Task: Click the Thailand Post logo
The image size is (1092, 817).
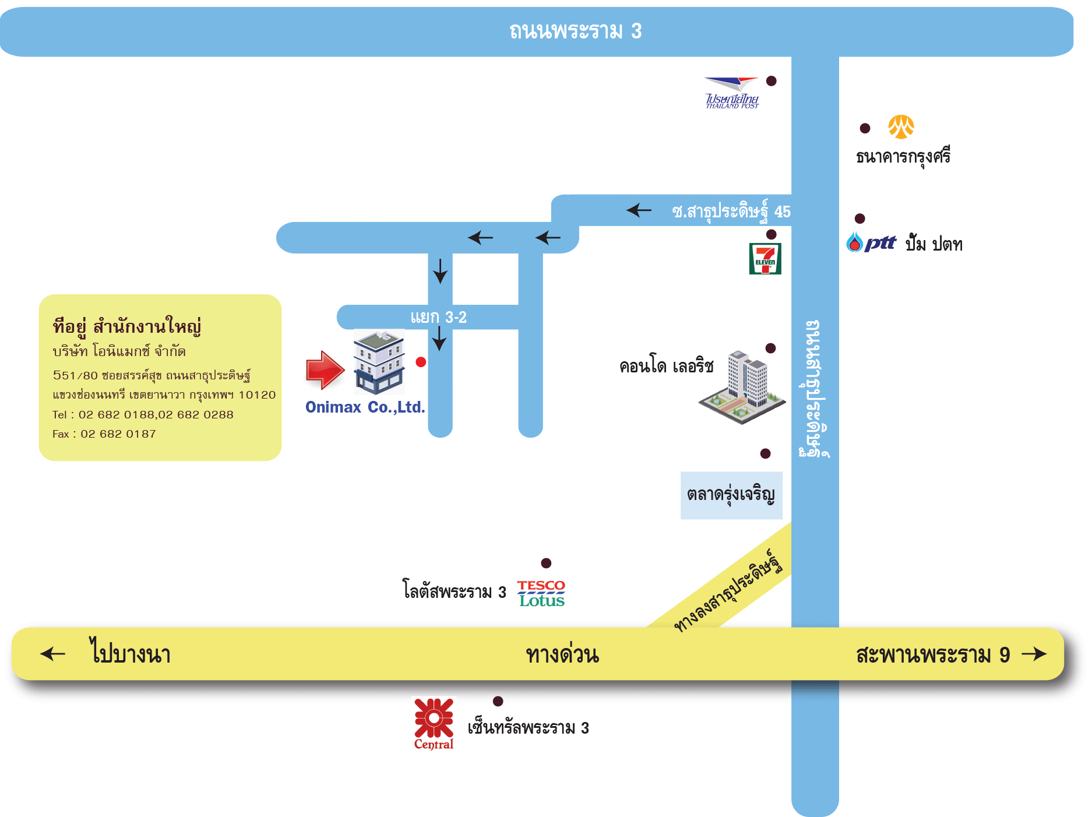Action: [732, 93]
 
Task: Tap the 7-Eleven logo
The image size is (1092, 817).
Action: [765, 259]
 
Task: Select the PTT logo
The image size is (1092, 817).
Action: [872, 242]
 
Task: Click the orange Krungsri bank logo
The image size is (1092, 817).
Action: [901, 127]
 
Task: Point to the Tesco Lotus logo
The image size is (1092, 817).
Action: [541, 593]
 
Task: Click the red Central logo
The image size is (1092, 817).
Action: [434, 723]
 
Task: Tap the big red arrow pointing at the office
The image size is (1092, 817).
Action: [325, 370]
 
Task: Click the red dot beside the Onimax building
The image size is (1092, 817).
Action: [421, 362]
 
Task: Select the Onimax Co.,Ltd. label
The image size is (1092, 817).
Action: [365, 407]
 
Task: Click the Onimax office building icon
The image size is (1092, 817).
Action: [379, 361]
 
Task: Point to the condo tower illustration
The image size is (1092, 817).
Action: [744, 386]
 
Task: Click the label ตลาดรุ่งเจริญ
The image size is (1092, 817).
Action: [731, 495]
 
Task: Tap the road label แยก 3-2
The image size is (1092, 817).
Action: [438, 318]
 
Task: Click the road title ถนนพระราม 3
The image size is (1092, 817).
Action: [575, 31]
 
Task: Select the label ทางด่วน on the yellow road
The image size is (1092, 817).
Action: [562, 654]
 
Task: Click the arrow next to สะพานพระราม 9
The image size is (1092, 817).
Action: [1034, 654]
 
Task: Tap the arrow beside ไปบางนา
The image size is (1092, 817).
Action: [53, 654]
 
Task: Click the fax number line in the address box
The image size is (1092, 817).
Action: [104, 434]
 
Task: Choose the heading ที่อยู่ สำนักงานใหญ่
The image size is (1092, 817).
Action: [127, 326]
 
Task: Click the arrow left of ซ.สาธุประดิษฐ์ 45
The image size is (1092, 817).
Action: [639, 210]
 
